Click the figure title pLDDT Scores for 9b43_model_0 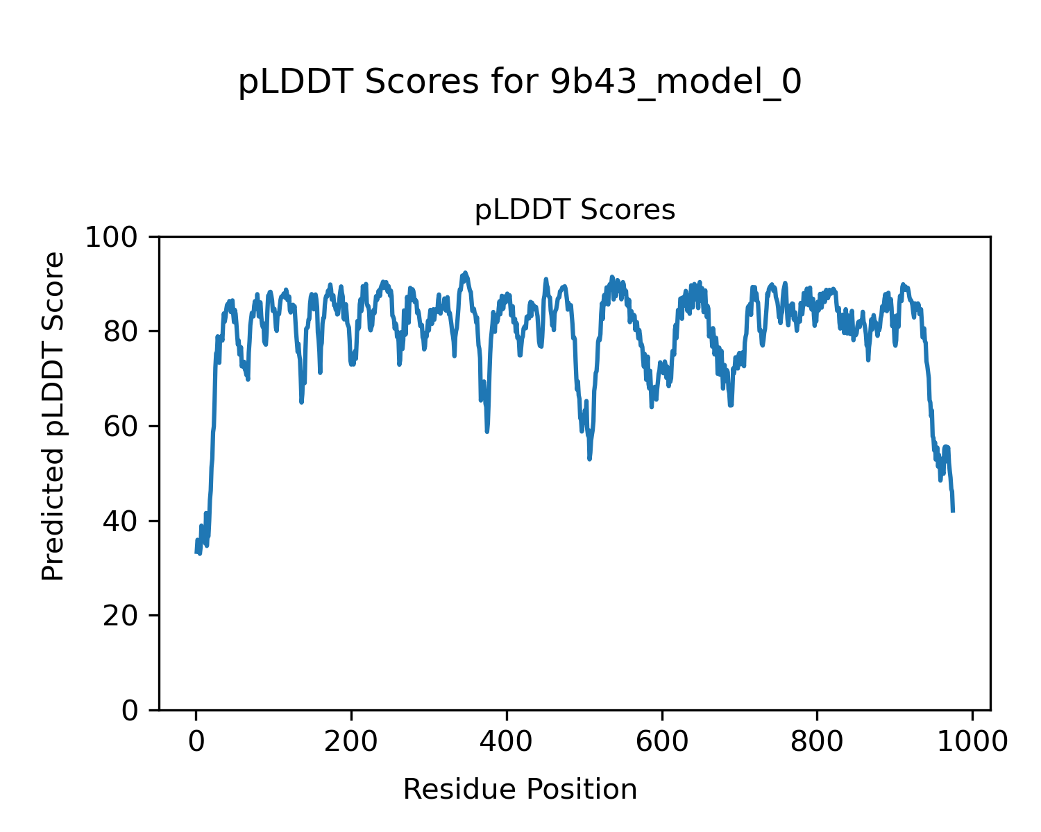click(520, 83)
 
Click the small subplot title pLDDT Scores click(575, 210)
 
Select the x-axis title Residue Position click(520, 790)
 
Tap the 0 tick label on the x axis click(196, 741)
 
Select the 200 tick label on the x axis click(351, 741)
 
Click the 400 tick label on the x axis click(507, 741)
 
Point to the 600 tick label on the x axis click(661, 741)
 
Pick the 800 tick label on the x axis click(817, 741)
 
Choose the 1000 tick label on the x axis click(972, 741)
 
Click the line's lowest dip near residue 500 click(589, 458)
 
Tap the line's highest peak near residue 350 click(465, 272)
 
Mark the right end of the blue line click(953, 511)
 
